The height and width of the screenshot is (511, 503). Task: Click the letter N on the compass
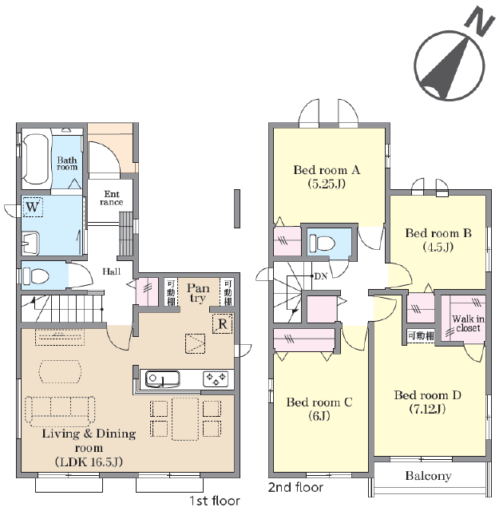480,22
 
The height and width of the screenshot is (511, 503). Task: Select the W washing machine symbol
33,207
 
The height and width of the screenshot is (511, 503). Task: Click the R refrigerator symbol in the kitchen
223,323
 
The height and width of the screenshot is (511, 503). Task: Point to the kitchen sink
162,379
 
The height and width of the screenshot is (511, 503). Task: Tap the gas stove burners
216,378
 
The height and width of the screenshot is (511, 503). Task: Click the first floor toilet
36,276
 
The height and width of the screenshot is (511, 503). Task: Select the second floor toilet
323,243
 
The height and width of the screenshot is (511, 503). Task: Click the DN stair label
321,276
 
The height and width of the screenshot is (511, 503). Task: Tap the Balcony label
429,476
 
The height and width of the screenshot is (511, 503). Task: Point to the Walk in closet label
468,323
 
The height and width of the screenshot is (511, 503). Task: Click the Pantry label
198,293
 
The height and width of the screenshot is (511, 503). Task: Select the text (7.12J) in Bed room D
427,409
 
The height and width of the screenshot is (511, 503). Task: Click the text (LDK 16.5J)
89,461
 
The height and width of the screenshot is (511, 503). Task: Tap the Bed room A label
327,170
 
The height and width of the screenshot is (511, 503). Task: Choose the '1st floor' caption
215,501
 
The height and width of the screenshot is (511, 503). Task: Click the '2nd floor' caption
295,487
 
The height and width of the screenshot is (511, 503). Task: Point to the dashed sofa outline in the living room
60,411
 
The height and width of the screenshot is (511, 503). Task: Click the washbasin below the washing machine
30,244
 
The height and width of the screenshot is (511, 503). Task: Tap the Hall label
112,271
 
